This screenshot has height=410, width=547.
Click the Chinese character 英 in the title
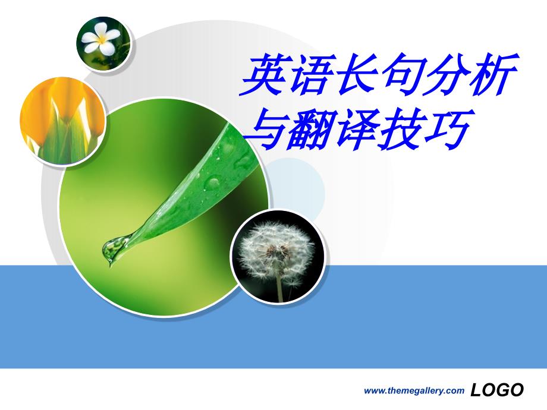[x=262, y=74]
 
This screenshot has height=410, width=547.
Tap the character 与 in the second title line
[x=267, y=128]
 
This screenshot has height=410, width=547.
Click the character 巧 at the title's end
[x=450, y=128]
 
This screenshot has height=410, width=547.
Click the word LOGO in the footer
[x=497, y=390]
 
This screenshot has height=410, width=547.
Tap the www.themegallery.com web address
[x=414, y=391]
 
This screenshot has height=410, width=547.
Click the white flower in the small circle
[x=101, y=39]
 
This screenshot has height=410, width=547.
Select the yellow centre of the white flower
[x=102, y=39]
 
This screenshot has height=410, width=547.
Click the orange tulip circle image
[x=63, y=121]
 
